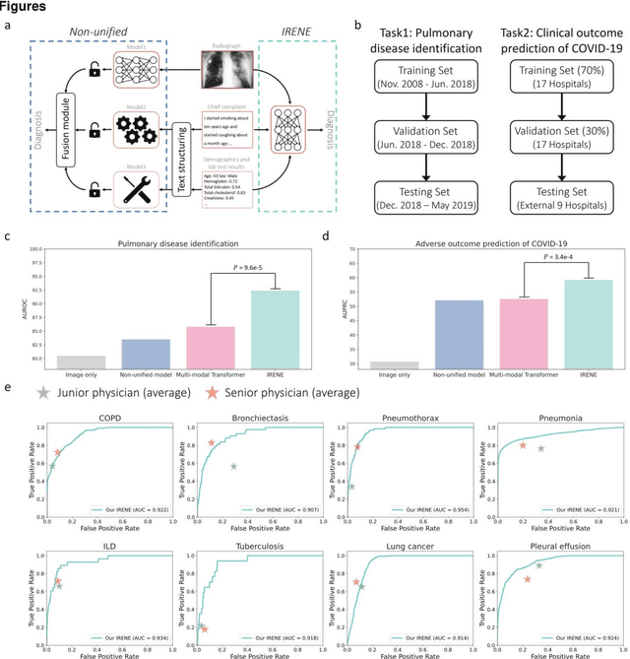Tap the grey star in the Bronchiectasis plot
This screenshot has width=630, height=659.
click(233, 466)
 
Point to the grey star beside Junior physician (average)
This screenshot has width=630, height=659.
click(41, 393)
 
